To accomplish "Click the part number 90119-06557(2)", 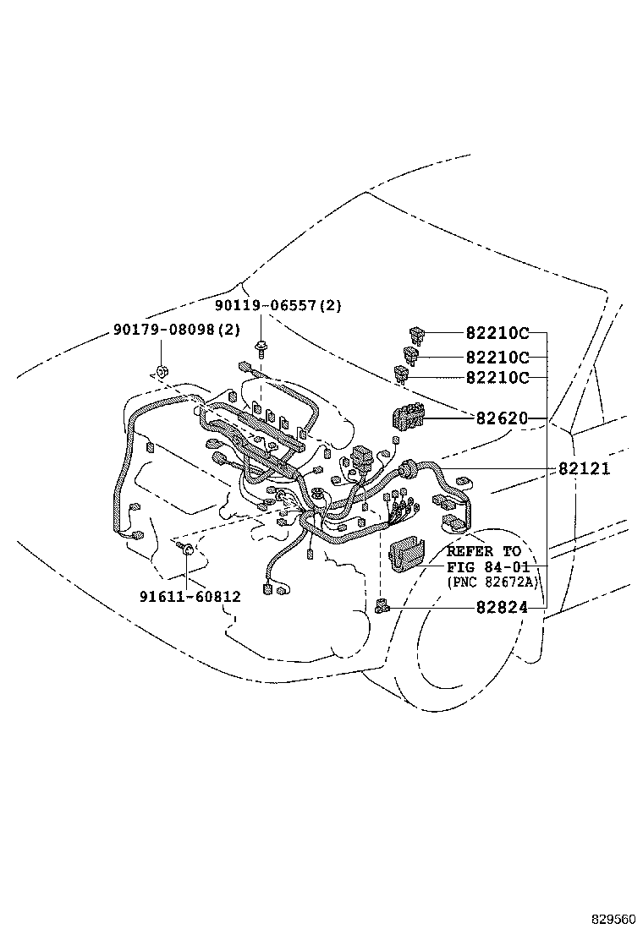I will [x=278, y=306].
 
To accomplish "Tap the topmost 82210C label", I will [x=497, y=333].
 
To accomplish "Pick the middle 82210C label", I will [x=497, y=357].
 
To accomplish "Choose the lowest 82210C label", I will [x=497, y=378].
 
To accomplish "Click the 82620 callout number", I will [x=502, y=418].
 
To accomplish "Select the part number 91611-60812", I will [x=190, y=596].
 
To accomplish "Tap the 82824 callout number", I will [x=502, y=607].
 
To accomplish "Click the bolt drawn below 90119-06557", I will [x=261, y=346].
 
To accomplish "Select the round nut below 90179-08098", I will [x=160, y=371].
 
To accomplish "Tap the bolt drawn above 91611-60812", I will [x=185, y=551].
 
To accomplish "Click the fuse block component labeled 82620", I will [x=408, y=418].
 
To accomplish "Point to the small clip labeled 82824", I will [x=382, y=605].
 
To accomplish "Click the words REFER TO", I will [x=484, y=551].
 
